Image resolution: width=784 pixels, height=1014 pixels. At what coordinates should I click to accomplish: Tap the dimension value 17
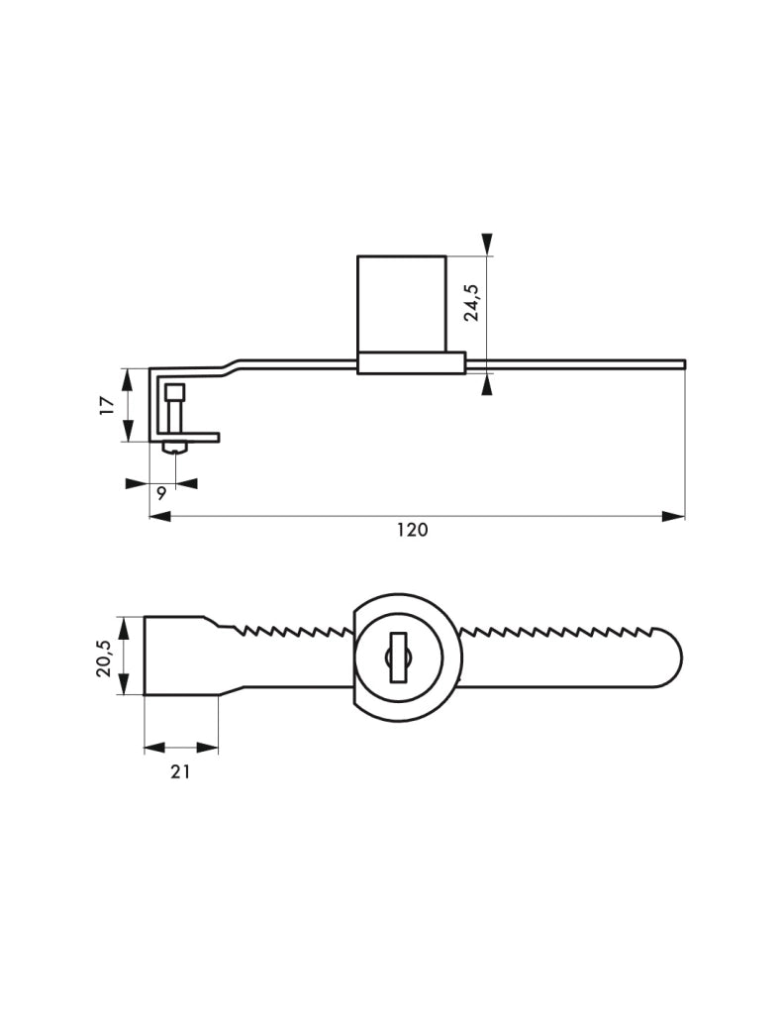tap(107, 405)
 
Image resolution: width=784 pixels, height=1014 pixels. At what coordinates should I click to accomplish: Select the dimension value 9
tap(161, 493)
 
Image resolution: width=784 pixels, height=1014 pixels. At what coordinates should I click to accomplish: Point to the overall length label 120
tap(413, 531)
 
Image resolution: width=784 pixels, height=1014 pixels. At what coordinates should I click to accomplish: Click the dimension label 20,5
tap(103, 658)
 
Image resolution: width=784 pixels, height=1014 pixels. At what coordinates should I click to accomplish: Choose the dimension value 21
tap(180, 771)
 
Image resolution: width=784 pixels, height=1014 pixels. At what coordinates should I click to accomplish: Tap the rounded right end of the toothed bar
tap(669, 658)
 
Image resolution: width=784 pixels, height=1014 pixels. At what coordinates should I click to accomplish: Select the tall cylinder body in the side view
tap(401, 304)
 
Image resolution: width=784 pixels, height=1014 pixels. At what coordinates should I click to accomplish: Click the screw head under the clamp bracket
tap(175, 447)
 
